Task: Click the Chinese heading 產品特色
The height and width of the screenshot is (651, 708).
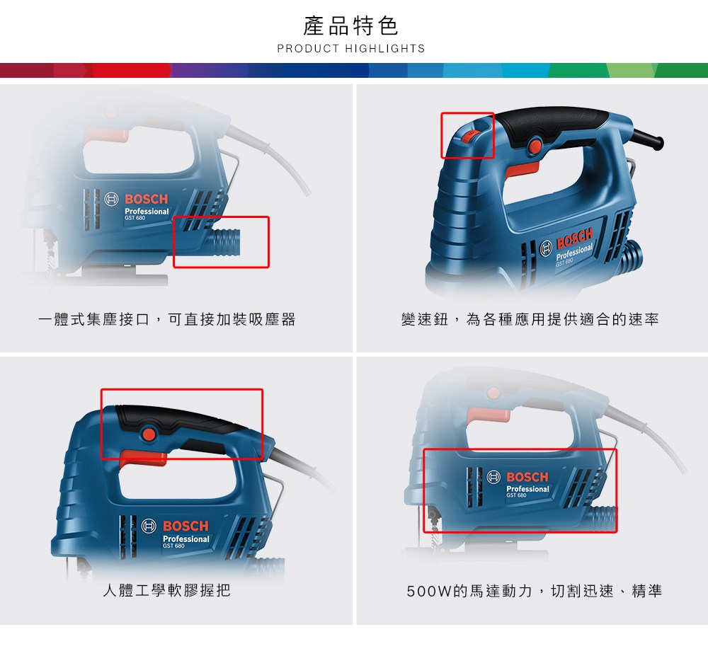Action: pyautogui.click(x=351, y=25)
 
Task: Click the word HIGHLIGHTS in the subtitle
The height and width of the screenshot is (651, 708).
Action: pyautogui.click(x=385, y=49)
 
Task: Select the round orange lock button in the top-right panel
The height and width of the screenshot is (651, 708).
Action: pyautogui.click(x=535, y=146)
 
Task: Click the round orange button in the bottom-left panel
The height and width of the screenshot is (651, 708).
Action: pyautogui.click(x=148, y=434)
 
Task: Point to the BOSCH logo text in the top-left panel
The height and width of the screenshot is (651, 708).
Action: pyautogui.click(x=147, y=199)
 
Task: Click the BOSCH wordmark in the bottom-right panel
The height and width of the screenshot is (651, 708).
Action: pyautogui.click(x=527, y=477)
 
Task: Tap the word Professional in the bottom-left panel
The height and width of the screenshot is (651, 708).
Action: pyautogui.click(x=186, y=538)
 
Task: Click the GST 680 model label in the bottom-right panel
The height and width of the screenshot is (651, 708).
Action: pyautogui.click(x=516, y=495)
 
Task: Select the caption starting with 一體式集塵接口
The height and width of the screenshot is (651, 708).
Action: pyautogui.click(x=167, y=319)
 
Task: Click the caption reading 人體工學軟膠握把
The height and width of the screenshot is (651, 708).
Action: pyautogui.click(x=167, y=590)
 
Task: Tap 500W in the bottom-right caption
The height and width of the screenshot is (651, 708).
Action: pyautogui.click(x=429, y=591)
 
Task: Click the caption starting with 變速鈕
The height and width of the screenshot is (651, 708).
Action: pyautogui.click(x=530, y=319)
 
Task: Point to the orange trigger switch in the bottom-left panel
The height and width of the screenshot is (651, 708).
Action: pyautogui.click(x=144, y=458)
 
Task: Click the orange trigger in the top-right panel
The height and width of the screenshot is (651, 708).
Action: pyautogui.click(x=523, y=170)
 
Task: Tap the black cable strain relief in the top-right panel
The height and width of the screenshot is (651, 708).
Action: pyautogui.click(x=648, y=139)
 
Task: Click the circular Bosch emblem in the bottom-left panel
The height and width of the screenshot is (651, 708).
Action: pyautogui.click(x=149, y=526)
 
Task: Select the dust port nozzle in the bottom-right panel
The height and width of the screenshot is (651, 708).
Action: pyautogui.click(x=602, y=518)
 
